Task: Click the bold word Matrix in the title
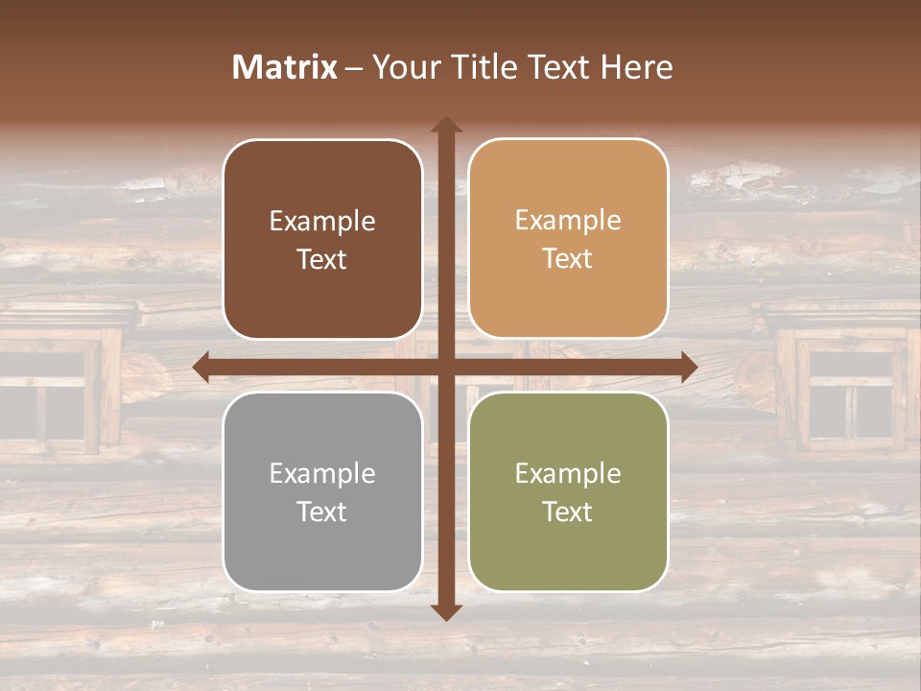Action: (284, 67)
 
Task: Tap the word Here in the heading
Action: (636, 67)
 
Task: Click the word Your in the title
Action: (403, 67)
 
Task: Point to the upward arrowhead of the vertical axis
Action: (445, 125)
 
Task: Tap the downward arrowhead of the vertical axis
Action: (445, 611)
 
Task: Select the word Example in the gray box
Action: (322, 473)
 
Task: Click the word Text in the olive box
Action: (568, 512)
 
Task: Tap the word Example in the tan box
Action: (568, 221)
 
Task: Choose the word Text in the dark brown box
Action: (322, 259)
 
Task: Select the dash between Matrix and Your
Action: (355, 68)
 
